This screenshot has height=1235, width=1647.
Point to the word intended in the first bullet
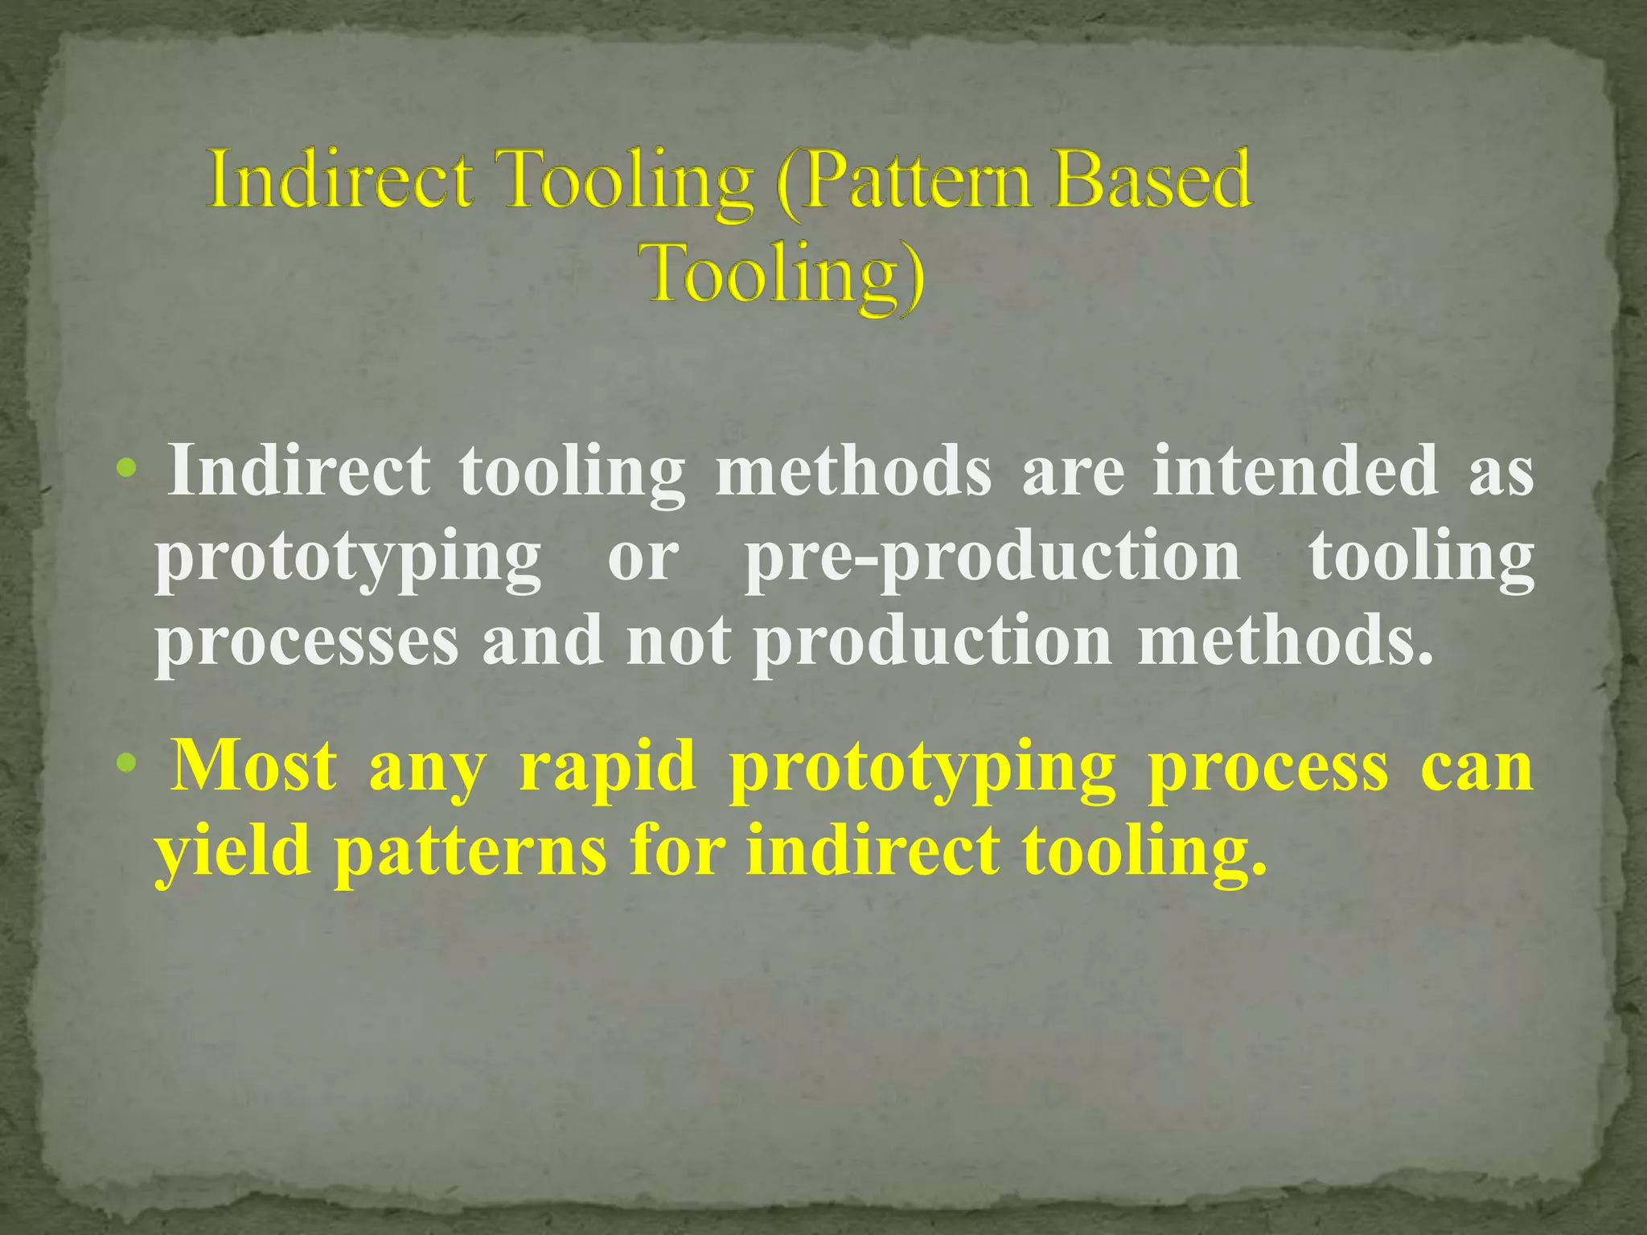[x=1295, y=471]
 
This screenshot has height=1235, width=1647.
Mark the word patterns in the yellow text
[x=470, y=852]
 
